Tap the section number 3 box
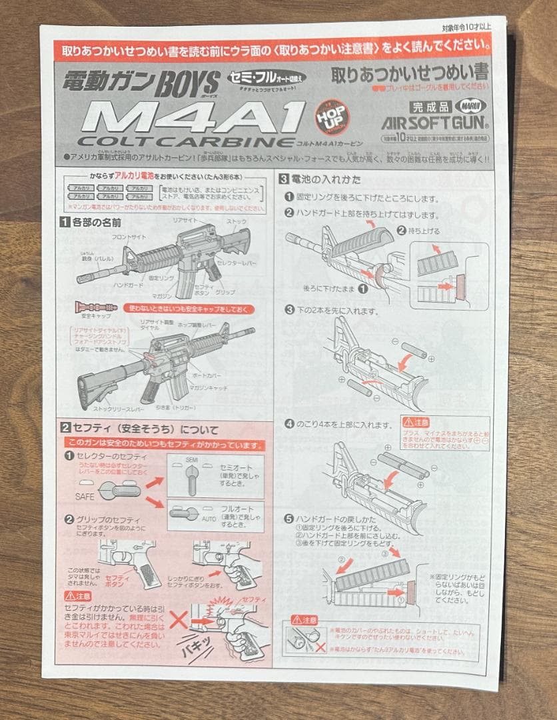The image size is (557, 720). point(283,178)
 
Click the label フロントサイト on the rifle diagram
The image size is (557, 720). point(129,237)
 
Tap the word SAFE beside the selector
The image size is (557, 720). point(84,497)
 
